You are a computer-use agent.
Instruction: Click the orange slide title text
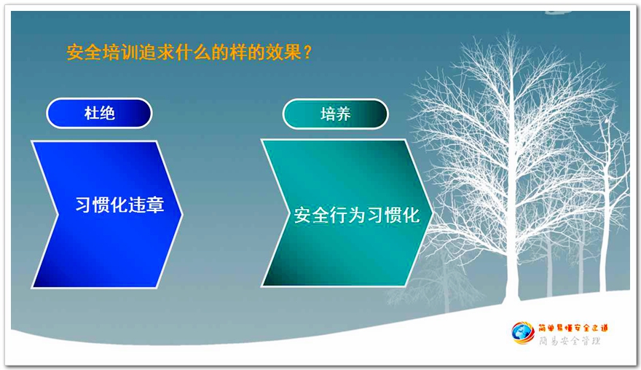click(189, 52)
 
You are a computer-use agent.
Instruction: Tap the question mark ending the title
click(308, 52)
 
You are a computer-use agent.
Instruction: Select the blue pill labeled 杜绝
click(99, 113)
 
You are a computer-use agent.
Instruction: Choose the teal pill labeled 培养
click(335, 114)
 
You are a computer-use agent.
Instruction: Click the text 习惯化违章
click(119, 205)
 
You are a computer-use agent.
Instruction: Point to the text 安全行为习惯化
click(357, 216)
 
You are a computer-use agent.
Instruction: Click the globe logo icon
click(523, 333)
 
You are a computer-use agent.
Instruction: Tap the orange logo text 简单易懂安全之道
click(573, 328)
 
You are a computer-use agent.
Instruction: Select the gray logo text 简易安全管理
click(570, 341)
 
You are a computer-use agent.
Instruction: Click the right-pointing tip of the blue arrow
click(182, 213)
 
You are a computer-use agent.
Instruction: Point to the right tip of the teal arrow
click(432, 213)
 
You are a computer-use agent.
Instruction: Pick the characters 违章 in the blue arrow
click(146, 205)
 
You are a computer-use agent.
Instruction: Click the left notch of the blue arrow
click(58, 214)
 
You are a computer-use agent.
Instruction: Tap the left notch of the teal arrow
click(288, 213)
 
